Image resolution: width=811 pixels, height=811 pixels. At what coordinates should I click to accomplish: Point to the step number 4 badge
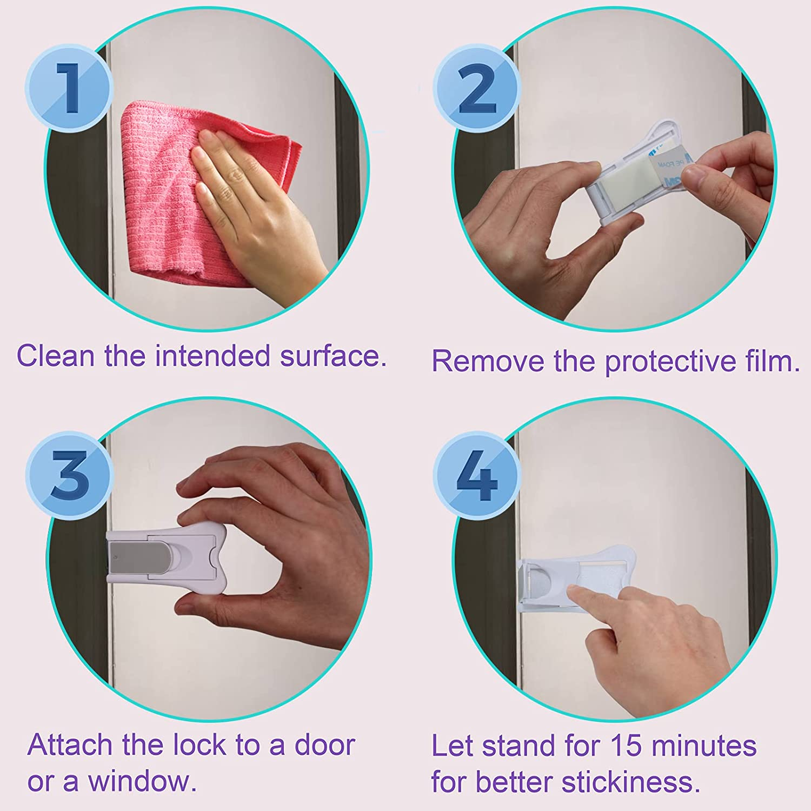click(x=476, y=476)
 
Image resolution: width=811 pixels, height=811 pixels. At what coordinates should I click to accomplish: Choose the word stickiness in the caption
click(x=627, y=783)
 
